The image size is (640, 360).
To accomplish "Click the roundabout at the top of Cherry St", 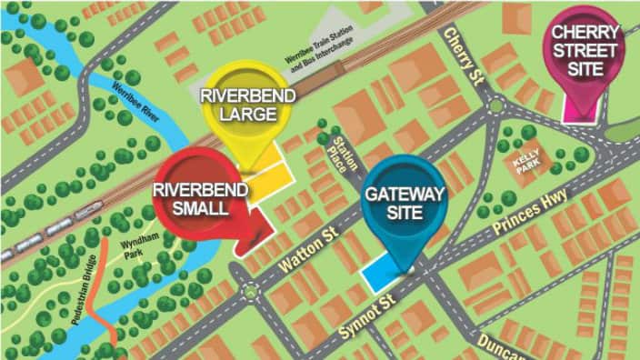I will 495,106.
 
